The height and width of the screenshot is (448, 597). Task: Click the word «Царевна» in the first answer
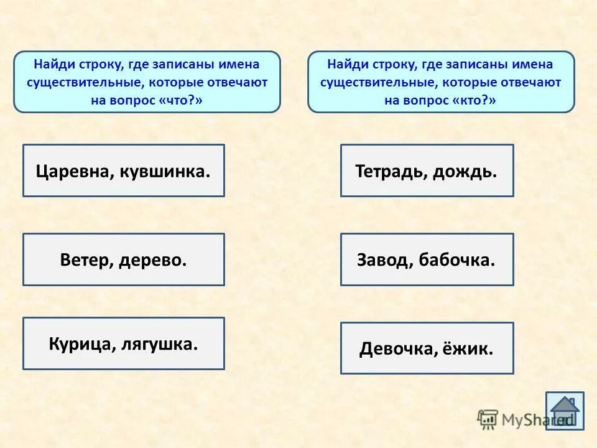[72, 171]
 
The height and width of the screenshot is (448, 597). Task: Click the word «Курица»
[78, 344]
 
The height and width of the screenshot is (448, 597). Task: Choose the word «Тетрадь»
[390, 171]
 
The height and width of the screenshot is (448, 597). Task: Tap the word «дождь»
[465, 171]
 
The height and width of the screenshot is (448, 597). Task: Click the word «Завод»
[381, 260]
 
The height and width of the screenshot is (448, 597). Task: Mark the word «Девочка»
[392, 349]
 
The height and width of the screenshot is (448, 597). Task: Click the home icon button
[565, 411]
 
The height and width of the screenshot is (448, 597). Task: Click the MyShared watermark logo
[516, 419]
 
